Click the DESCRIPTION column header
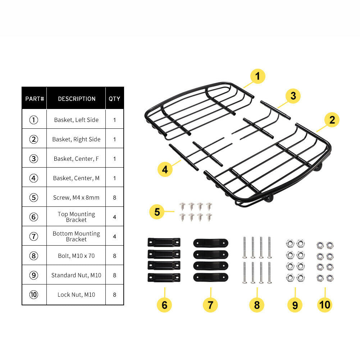[77, 99]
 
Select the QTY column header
[114, 99]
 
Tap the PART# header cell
[35, 99]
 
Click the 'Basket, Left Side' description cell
[76, 120]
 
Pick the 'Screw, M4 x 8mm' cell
[76, 197]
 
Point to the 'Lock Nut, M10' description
[76, 295]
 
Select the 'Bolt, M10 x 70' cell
[76, 256]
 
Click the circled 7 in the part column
[34, 236]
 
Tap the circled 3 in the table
[34, 159]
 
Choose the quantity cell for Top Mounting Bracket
[115, 217]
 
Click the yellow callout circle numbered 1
[258, 76]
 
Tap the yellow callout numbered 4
[165, 169]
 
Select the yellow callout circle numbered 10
[325, 305]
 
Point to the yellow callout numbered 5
[157, 212]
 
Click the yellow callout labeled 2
[332, 120]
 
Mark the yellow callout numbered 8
[257, 305]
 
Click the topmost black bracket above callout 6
[164, 242]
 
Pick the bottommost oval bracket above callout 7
[211, 277]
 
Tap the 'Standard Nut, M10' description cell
[76, 275]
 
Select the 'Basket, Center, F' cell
[76, 159]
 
